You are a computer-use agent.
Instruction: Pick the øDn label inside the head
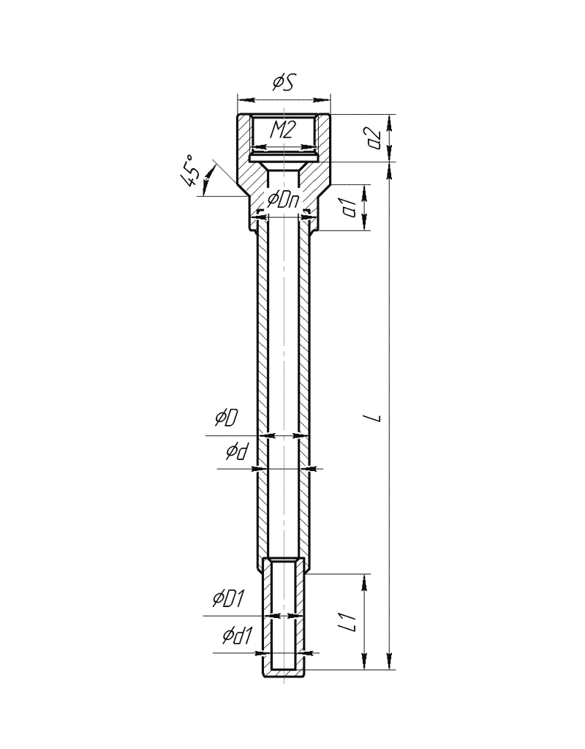pyautogui.click(x=284, y=200)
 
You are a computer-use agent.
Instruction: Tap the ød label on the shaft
pyautogui.click(x=238, y=451)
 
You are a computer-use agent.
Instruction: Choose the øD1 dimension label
pyautogui.click(x=229, y=598)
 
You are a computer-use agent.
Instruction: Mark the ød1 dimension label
pyautogui.click(x=236, y=636)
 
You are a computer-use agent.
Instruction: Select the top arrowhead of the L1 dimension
pyautogui.click(x=365, y=581)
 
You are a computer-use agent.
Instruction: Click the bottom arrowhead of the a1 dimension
pyautogui.click(x=365, y=223)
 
